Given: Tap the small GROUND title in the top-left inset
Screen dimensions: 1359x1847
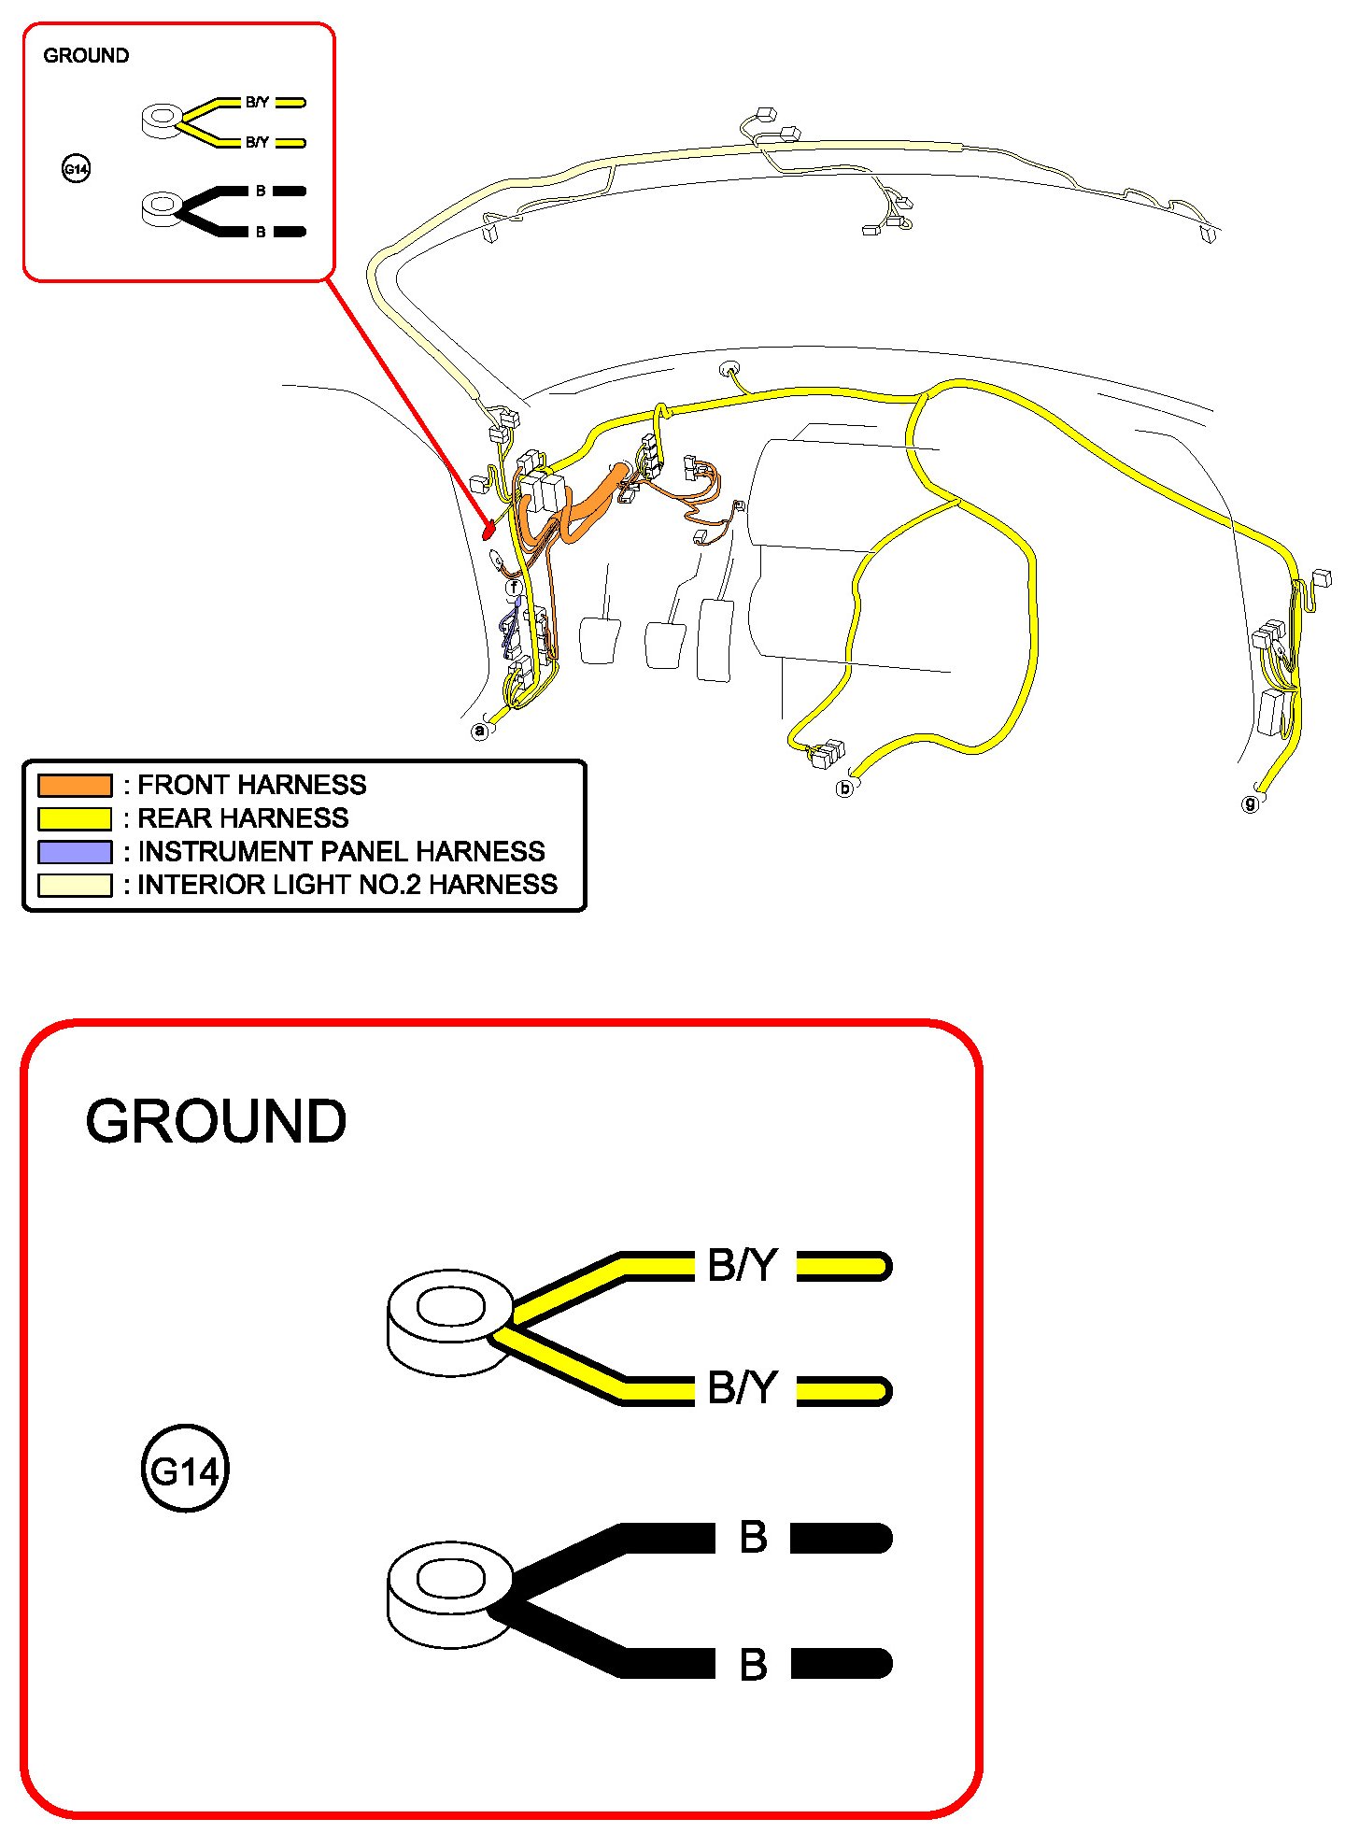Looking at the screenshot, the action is click(86, 55).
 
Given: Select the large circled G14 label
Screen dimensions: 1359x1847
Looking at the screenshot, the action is click(185, 1471).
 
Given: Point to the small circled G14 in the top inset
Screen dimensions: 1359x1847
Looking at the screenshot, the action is click(76, 169).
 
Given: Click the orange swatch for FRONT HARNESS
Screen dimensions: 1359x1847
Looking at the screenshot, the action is click(74, 785).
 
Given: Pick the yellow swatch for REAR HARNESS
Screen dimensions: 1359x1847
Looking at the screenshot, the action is click(74, 818).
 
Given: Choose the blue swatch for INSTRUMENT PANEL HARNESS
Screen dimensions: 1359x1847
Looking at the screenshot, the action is click(74, 851).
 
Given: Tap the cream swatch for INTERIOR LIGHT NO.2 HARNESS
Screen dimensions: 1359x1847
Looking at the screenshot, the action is click(74, 885).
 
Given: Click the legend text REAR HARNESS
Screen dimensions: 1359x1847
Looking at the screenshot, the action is click(243, 818).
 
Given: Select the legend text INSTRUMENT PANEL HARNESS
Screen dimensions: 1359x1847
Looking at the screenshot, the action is click(341, 851).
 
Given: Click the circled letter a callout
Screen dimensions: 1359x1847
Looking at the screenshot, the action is click(480, 731).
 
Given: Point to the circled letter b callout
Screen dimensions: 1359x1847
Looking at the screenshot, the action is click(844, 789).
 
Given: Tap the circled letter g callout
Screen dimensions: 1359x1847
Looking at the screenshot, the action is click(1250, 803).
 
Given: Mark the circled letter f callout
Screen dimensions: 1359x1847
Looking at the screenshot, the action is click(514, 588).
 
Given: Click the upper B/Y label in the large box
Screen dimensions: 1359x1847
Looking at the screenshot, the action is click(742, 1266).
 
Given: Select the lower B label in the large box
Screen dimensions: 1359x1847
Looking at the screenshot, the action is click(753, 1665).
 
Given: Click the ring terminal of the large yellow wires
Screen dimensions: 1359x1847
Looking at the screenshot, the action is click(450, 1319).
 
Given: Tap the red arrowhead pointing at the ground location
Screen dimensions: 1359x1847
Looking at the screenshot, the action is click(488, 532).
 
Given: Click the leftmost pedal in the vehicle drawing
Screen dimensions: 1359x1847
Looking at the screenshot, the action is click(600, 639).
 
